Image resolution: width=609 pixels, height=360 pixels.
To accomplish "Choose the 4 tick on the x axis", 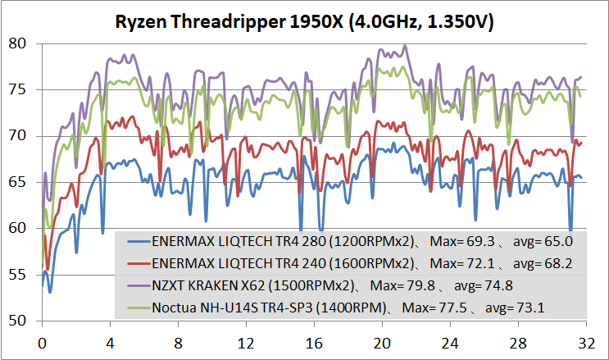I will [x=110, y=340].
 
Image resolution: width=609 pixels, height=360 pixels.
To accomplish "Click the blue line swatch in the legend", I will [x=139, y=243].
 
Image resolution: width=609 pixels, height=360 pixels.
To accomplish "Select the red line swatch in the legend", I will [x=139, y=264].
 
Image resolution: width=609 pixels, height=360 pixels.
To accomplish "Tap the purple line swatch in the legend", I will [x=139, y=285].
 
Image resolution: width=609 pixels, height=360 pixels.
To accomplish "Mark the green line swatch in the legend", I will [x=139, y=308].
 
